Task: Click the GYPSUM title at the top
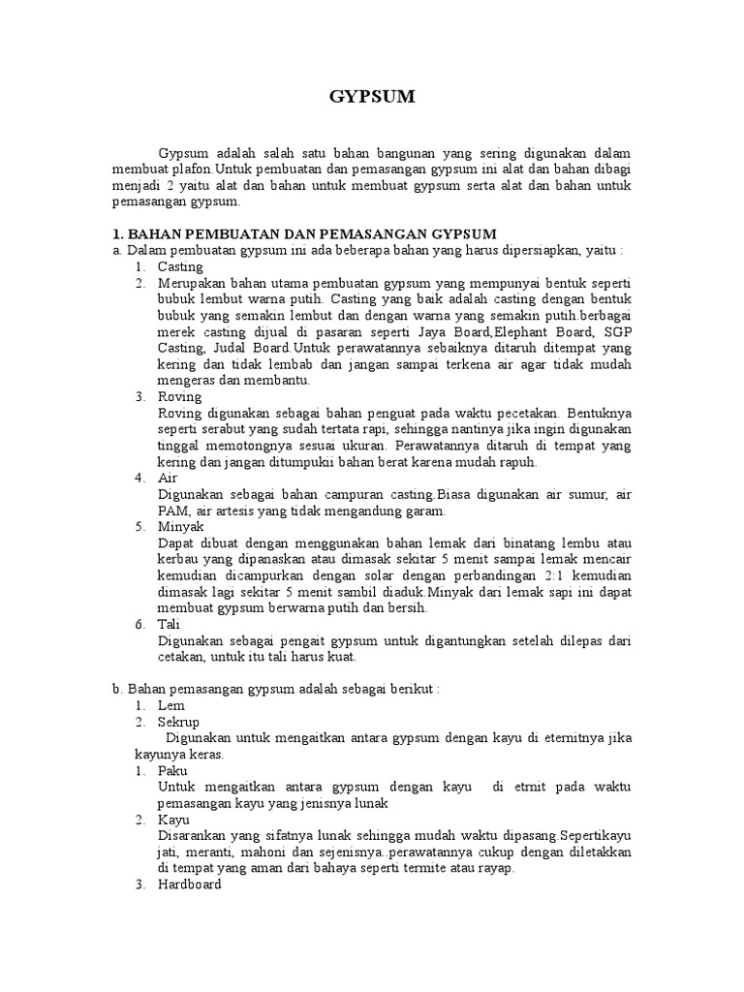click(x=372, y=97)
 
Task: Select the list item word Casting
click(x=180, y=266)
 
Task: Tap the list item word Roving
click(x=179, y=396)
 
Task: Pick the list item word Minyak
click(x=180, y=527)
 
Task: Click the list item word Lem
click(x=170, y=706)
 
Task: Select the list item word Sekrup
click(x=178, y=723)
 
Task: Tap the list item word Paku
click(x=172, y=771)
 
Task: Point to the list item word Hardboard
click(x=190, y=884)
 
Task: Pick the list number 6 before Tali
click(x=139, y=625)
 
